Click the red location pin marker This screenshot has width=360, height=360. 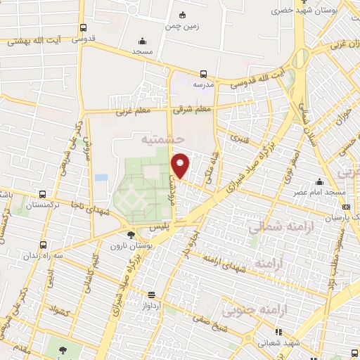[x=181, y=165]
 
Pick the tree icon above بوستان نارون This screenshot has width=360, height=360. [x=131, y=235]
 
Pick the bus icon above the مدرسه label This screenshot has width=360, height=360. [x=203, y=73]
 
